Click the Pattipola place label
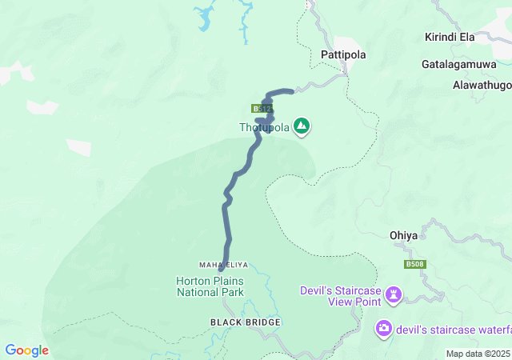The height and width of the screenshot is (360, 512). pos(343,54)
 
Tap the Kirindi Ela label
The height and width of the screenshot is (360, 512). pos(450,38)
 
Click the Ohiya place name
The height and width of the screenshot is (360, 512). pos(403,235)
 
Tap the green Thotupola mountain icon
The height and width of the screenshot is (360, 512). pos(302,126)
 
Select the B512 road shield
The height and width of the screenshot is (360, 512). pos(262,108)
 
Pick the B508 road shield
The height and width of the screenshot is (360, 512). pos(414,265)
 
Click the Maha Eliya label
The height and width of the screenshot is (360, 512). pos(224,265)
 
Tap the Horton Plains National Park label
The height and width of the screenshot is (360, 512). pos(210,286)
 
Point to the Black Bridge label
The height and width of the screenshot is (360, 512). pos(246,322)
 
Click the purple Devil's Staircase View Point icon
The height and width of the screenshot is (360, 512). pos(393,295)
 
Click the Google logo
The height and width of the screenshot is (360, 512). pos(26,350)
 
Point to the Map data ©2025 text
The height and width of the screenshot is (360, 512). pos(477,354)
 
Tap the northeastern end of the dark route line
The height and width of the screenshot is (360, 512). pos(292,90)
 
